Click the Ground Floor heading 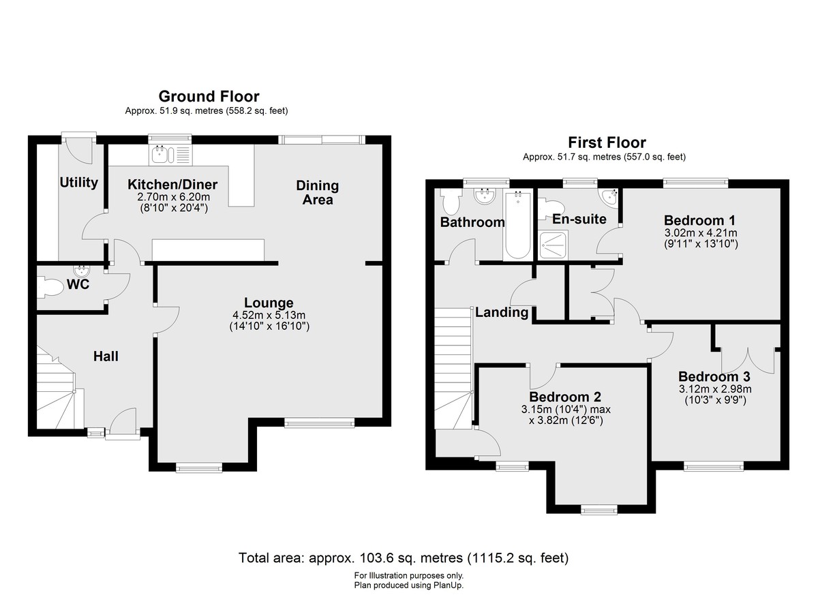point(209,96)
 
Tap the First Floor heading point(607,142)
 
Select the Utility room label point(78,183)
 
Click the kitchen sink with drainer point(170,155)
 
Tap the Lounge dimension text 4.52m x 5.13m point(269,315)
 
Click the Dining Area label point(318,193)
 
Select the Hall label point(106,356)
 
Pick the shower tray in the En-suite point(554,245)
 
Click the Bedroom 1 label point(699,220)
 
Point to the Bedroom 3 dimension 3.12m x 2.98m point(715,389)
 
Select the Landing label point(502,312)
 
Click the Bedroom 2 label point(565,397)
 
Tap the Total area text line point(404,558)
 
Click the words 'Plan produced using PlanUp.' point(408,585)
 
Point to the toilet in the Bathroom point(451,202)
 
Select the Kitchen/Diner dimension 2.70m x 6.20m point(173,197)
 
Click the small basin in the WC point(81,271)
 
